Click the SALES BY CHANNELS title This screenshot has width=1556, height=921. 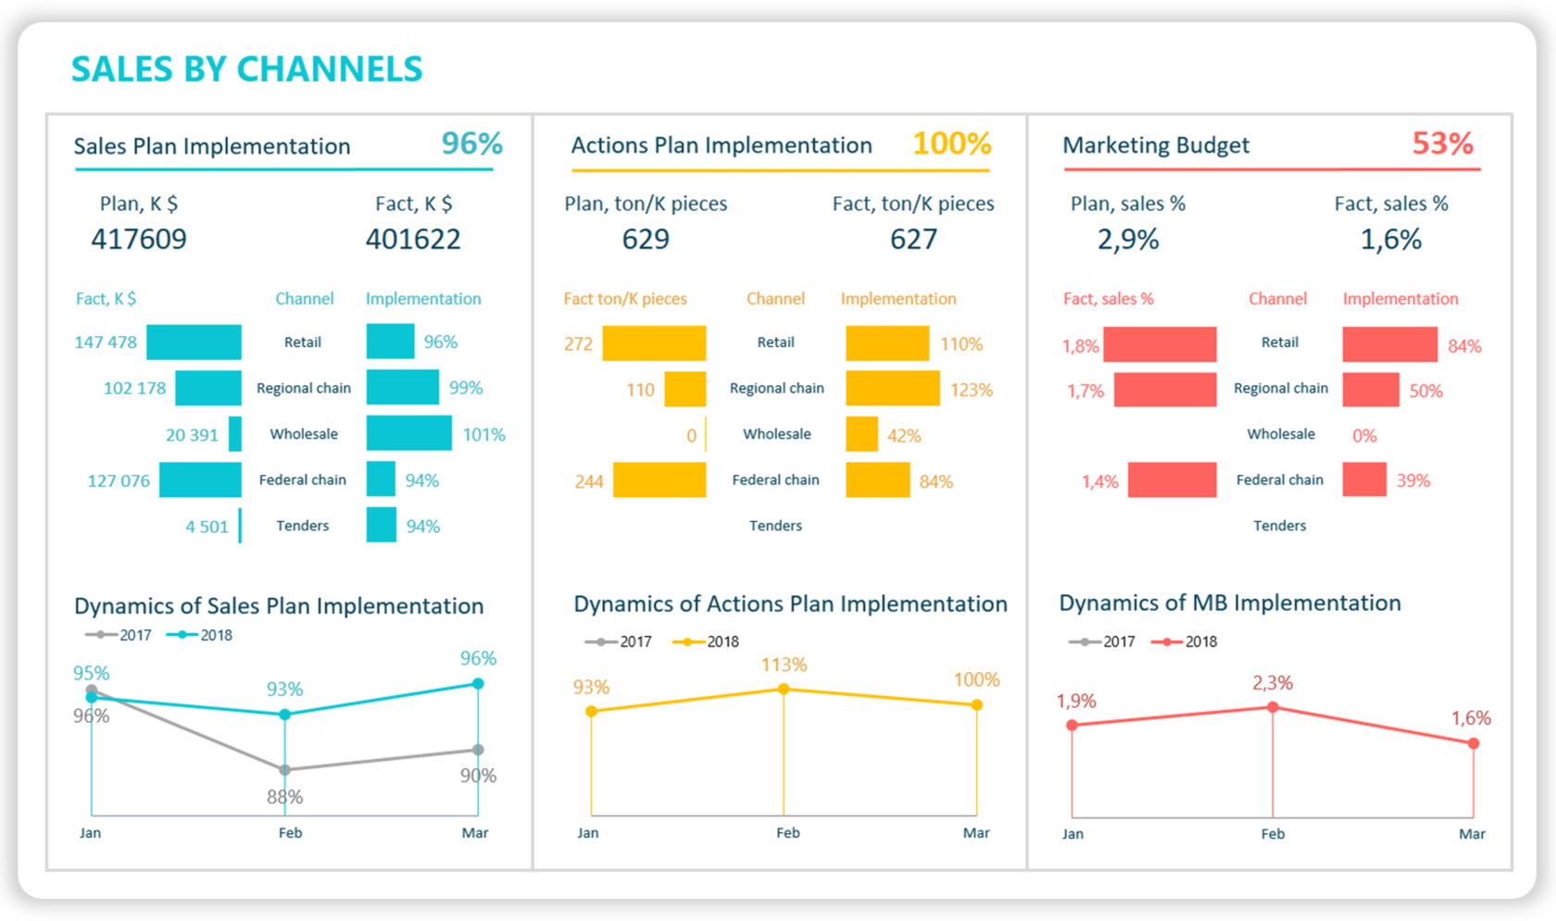coord(246,69)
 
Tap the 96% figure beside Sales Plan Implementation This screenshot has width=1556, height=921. coord(471,143)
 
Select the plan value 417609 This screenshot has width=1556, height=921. coord(139,240)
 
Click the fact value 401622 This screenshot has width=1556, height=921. coord(413,240)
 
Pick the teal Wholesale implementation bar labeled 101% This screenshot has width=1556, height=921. coord(408,433)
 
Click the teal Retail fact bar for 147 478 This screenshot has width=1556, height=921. coord(194,342)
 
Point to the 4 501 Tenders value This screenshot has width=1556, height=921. coord(207,527)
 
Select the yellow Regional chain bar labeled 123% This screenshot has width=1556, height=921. coord(892,389)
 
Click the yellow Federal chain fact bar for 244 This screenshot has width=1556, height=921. coord(659,480)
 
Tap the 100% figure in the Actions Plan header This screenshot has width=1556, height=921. coord(951,143)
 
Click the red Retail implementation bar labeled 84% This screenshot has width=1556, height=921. coord(1389,344)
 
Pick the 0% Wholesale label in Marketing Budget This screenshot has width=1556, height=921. coord(1364,435)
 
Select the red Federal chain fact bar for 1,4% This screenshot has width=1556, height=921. coord(1172,480)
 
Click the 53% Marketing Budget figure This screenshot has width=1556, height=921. coord(1442,143)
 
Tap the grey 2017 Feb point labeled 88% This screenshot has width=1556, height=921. coord(285,769)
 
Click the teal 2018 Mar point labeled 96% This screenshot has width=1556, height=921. coord(478,683)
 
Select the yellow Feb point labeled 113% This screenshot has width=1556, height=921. coord(784,689)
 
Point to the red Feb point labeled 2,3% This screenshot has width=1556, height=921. coord(1273,707)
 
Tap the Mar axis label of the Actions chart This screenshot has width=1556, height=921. coord(976,833)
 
